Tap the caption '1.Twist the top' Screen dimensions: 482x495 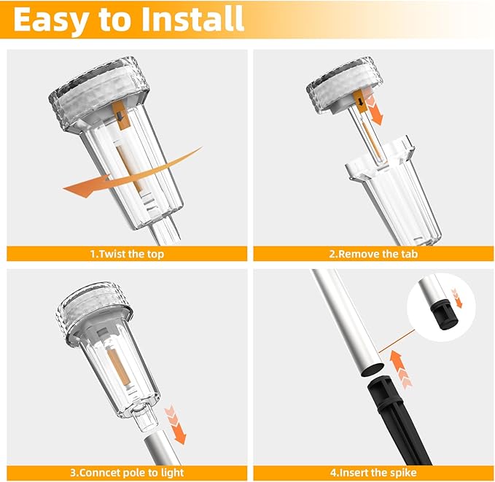[126, 254]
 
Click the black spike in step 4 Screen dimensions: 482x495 [397, 423]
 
